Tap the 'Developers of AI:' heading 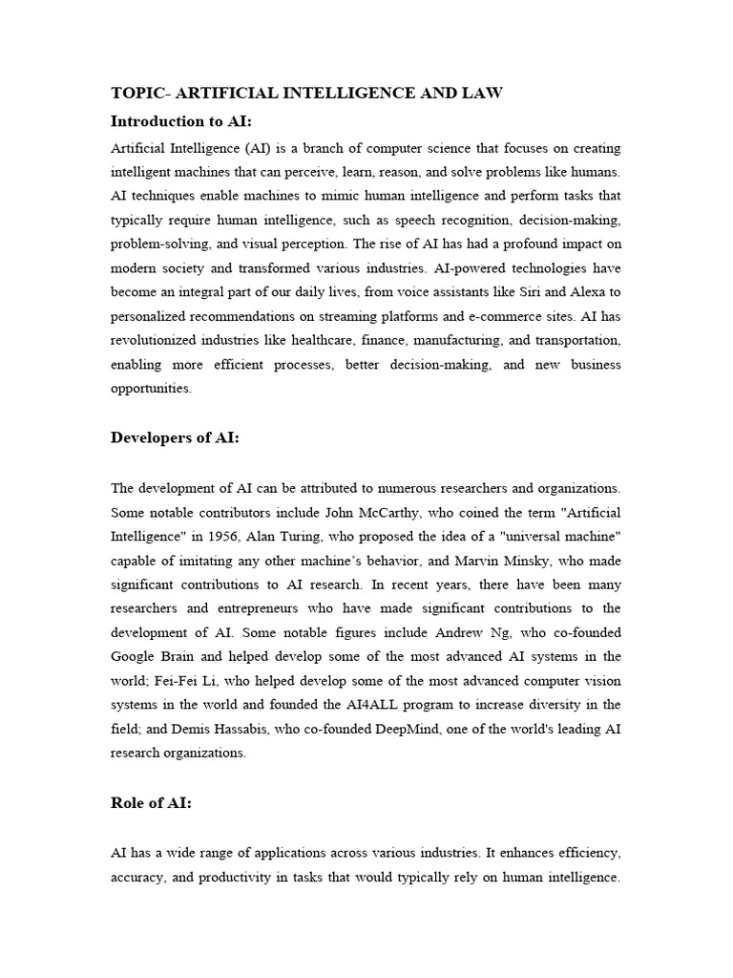pos(175,437)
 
